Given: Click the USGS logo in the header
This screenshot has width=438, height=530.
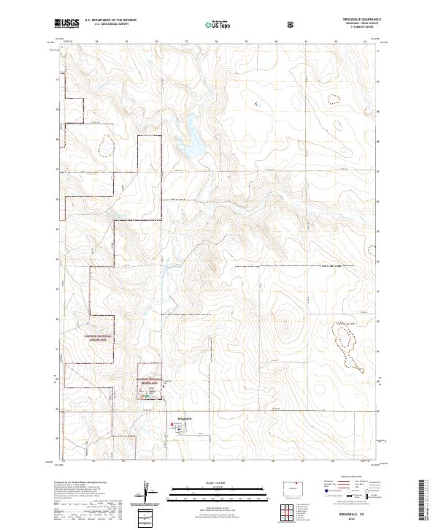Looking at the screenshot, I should click(67, 23).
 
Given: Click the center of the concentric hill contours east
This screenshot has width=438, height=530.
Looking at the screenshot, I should click(285, 318).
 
